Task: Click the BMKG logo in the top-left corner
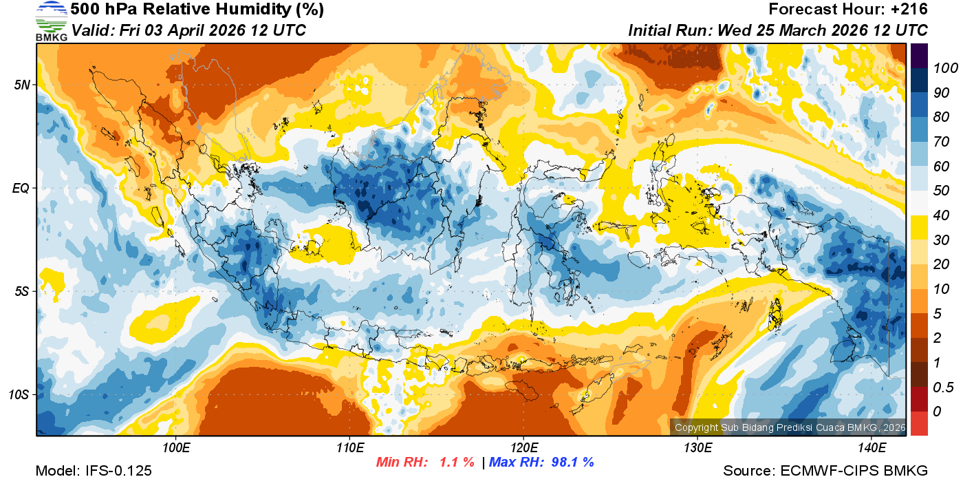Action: [52, 21]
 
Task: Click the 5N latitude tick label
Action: [21, 85]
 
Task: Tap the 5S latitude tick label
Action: [21, 291]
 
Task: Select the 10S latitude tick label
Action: [19, 394]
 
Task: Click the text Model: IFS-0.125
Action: [94, 471]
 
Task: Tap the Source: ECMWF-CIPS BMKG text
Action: [825, 471]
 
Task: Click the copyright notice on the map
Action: [790, 427]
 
